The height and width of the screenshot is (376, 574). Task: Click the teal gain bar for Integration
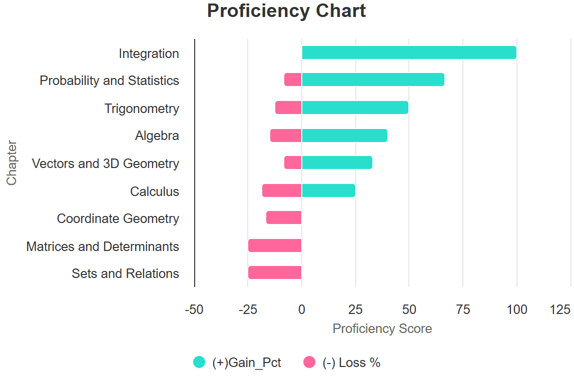[x=409, y=52]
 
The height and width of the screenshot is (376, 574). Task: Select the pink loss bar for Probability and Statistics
[x=293, y=80]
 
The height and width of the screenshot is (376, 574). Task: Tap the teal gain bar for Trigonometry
[x=355, y=107]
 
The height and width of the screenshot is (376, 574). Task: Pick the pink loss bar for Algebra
[x=286, y=135]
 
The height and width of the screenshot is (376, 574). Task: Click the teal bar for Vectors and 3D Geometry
[x=337, y=162]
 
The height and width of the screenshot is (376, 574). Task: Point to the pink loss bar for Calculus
[x=282, y=190]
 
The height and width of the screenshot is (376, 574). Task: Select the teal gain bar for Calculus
[x=328, y=190]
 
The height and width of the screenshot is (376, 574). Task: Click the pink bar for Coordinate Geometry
[x=284, y=217]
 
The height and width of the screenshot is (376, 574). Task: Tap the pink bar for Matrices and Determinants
[x=275, y=245]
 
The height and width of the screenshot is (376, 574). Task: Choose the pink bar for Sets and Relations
[x=275, y=272]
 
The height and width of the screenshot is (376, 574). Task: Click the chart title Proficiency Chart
[x=286, y=11]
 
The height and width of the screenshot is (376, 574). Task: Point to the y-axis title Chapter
[x=12, y=163]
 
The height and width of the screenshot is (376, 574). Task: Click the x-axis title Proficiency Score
[x=382, y=328]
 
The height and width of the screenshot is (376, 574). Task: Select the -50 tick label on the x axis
[x=194, y=309]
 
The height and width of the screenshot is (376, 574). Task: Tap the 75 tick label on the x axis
[x=463, y=309]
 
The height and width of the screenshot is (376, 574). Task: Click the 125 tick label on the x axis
[x=560, y=309]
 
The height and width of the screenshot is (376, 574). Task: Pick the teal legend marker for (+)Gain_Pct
[x=199, y=362]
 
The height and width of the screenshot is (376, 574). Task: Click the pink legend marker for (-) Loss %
[x=310, y=362]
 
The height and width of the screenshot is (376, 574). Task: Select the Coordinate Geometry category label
[x=118, y=218]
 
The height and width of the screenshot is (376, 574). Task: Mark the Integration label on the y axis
[x=149, y=53]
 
